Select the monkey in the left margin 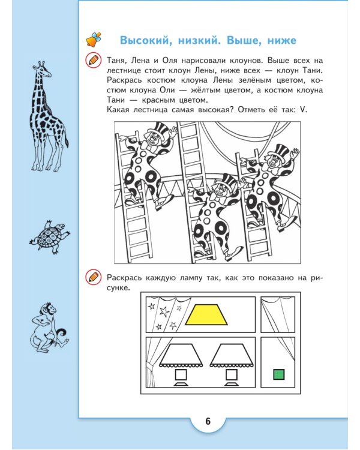coord(48,328)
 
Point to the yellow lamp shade coord(206,314)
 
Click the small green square coord(278,375)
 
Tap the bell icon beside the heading coord(94,40)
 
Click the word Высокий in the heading coord(146,41)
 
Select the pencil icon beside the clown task coord(93,60)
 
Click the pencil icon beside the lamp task coord(93,277)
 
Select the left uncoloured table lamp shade coord(179,355)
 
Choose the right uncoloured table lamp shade coord(231,355)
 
